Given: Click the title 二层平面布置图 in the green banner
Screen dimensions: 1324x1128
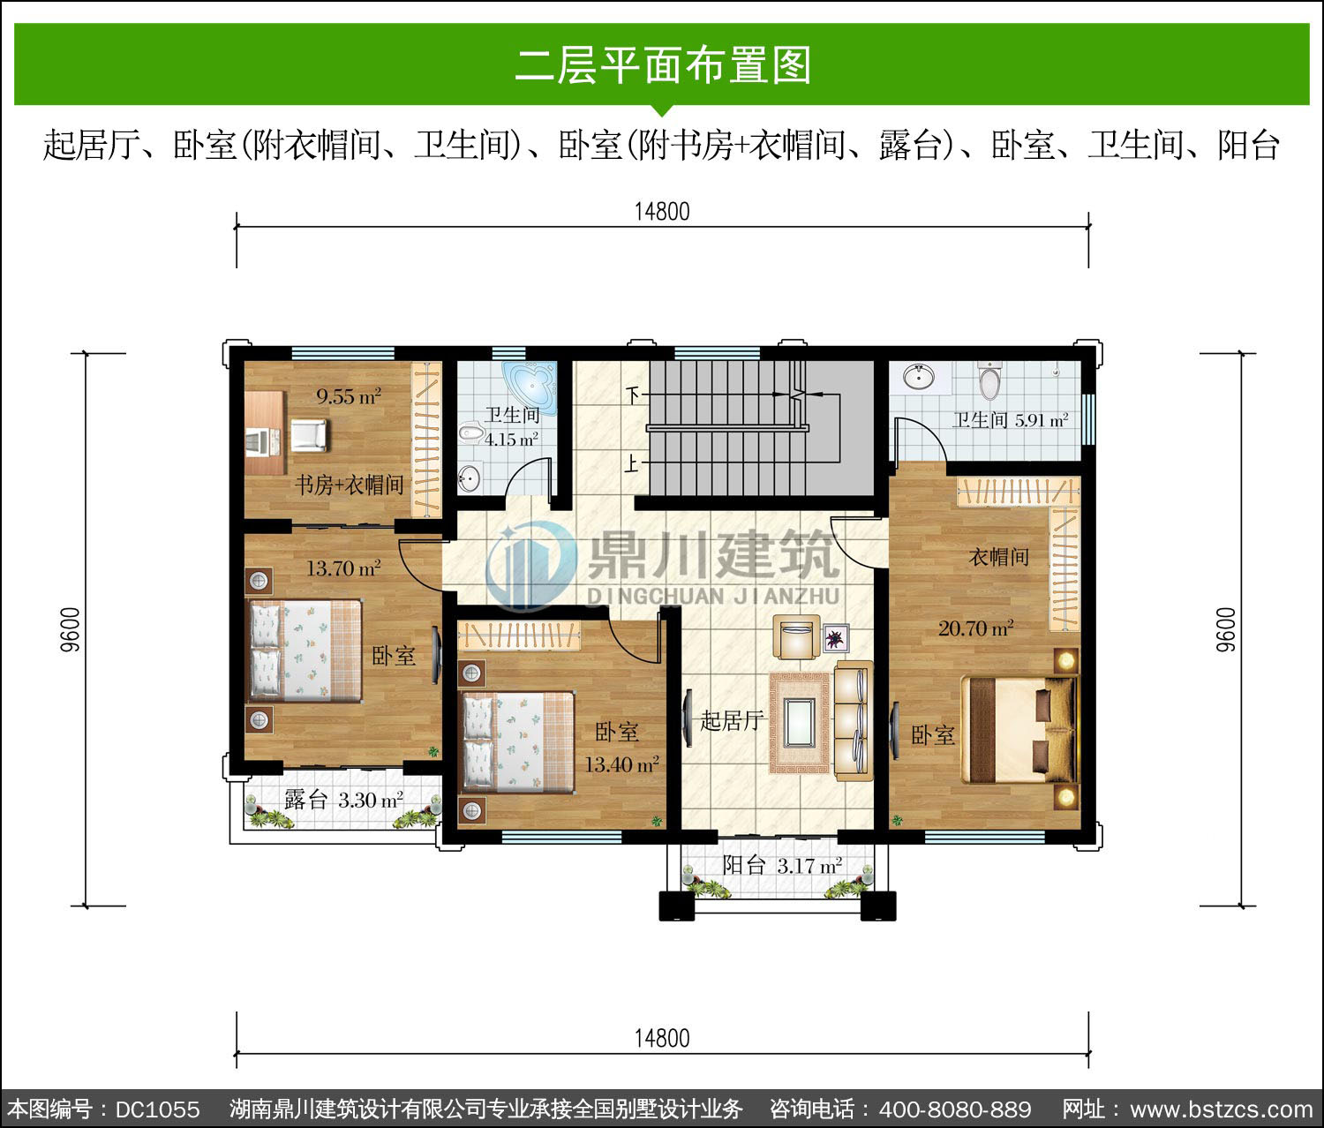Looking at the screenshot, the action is pyautogui.click(x=663, y=65).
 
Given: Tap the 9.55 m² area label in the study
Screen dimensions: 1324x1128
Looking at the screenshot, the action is pyautogui.click(x=349, y=396).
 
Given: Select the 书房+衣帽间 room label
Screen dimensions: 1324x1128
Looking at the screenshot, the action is pyautogui.click(x=350, y=485).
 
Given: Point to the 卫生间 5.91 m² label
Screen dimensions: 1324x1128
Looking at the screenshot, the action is pyautogui.click(x=1010, y=420).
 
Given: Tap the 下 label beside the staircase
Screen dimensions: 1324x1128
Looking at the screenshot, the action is pyautogui.click(x=633, y=395).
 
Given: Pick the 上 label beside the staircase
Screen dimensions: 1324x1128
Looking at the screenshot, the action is pyautogui.click(x=632, y=463).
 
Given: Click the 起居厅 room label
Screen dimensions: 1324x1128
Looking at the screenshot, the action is pyautogui.click(x=731, y=720).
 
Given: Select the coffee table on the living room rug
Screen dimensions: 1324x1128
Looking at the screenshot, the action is pyautogui.click(x=800, y=722).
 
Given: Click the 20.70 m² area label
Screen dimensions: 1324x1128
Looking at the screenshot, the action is pyautogui.click(x=975, y=628).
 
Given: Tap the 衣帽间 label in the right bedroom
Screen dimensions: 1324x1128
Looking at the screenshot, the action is pyautogui.click(x=998, y=557).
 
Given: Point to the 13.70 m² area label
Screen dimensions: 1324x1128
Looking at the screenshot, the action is pyautogui.click(x=343, y=568).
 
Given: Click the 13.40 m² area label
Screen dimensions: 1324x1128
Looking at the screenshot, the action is pyautogui.click(x=621, y=764).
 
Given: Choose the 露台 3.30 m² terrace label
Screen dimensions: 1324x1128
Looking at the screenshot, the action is pyautogui.click(x=343, y=800).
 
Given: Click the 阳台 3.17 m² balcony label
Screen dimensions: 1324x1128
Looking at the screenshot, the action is pyautogui.click(x=781, y=866).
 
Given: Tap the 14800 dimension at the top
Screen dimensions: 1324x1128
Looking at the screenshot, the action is pyautogui.click(x=662, y=211).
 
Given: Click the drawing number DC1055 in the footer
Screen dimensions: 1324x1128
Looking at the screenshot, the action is pyautogui.click(x=158, y=1109).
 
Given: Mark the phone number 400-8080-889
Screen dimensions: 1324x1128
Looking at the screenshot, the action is pyautogui.click(x=955, y=1109).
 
